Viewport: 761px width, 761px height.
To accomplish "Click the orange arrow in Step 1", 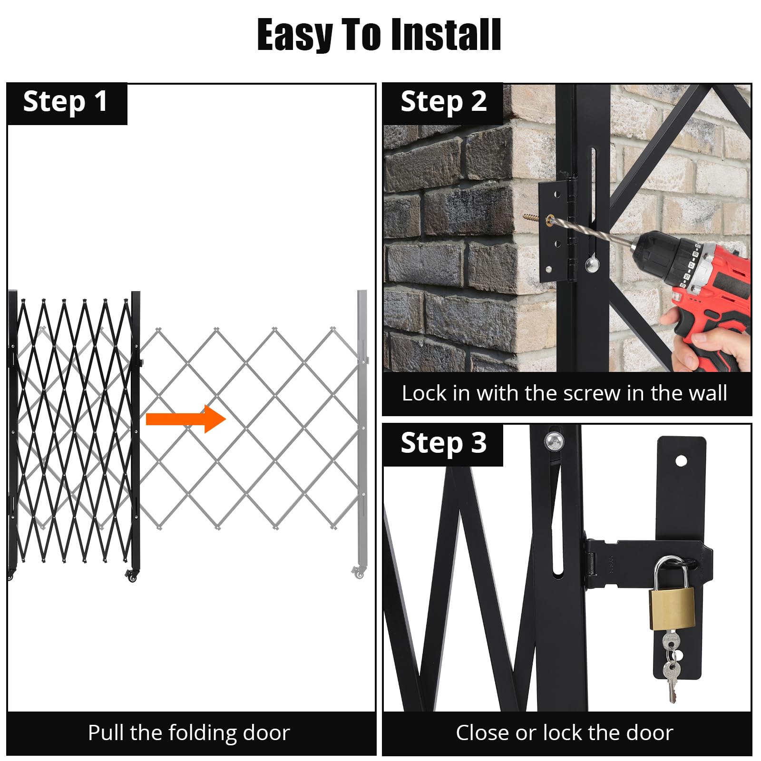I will tap(185, 419).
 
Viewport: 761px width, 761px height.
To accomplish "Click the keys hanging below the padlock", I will tap(670, 666).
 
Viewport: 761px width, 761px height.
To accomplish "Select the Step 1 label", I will tap(66, 102).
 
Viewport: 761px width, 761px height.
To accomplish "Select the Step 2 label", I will tap(443, 102).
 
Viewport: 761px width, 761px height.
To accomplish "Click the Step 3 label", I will tap(443, 443).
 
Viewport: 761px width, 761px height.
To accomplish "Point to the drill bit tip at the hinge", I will tap(552, 220).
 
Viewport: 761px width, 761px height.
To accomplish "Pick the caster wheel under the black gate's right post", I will tap(132, 576).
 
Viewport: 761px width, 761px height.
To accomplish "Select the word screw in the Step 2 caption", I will tap(591, 394).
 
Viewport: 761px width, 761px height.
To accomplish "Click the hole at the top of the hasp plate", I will tap(681, 460).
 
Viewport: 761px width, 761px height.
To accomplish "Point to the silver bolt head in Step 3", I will tap(554, 442).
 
